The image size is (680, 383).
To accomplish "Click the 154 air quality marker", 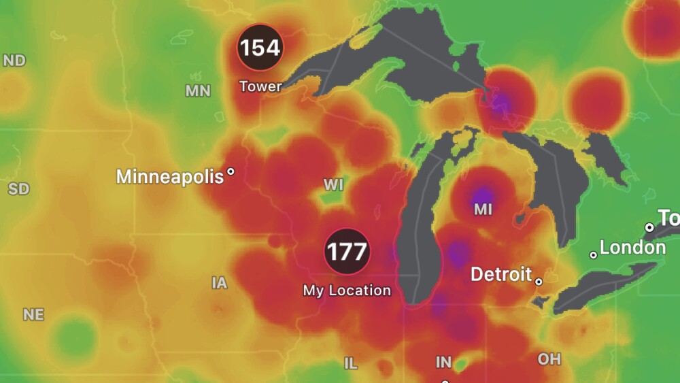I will pyautogui.click(x=260, y=48).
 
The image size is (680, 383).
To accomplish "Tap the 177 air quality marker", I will pyautogui.click(x=347, y=251).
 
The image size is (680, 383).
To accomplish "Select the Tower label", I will pyautogui.click(x=260, y=86).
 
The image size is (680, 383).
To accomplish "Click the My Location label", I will pyautogui.click(x=347, y=290).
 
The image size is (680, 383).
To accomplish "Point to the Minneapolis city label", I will pyautogui.click(x=170, y=177).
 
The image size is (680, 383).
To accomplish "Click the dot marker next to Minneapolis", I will pyautogui.click(x=231, y=172).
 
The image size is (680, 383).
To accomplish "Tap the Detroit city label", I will pyautogui.click(x=501, y=275).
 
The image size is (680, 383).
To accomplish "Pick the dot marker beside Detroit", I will pyautogui.click(x=539, y=280).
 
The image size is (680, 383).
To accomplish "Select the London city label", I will pyautogui.click(x=632, y=248).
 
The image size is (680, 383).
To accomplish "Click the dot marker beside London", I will pyautogui.click(x=593, y=255).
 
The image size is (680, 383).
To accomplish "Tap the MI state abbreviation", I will pyautogui.click(x=483, y=210).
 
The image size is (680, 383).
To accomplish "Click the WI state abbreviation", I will pyautogui.click(x=333, y=185).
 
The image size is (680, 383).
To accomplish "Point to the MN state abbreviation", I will pyautogui.click(x=198, y=90).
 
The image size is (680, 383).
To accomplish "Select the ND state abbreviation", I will pyautogui.click(x=14, y=61).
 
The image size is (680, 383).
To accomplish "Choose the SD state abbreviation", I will pyautogui.click(x=18, y=188).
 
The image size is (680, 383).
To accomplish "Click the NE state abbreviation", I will pyautogui.click(x=33, y=315).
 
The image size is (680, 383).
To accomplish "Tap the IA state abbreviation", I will pyautogui.click(x=219, y=283).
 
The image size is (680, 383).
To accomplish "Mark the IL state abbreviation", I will pyautogui.click(x=350, y=364).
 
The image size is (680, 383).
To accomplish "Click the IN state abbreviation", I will pyautogui.click(x=443, y=363).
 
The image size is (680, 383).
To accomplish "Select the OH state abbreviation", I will pyautogui.click(x=549, y=359).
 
